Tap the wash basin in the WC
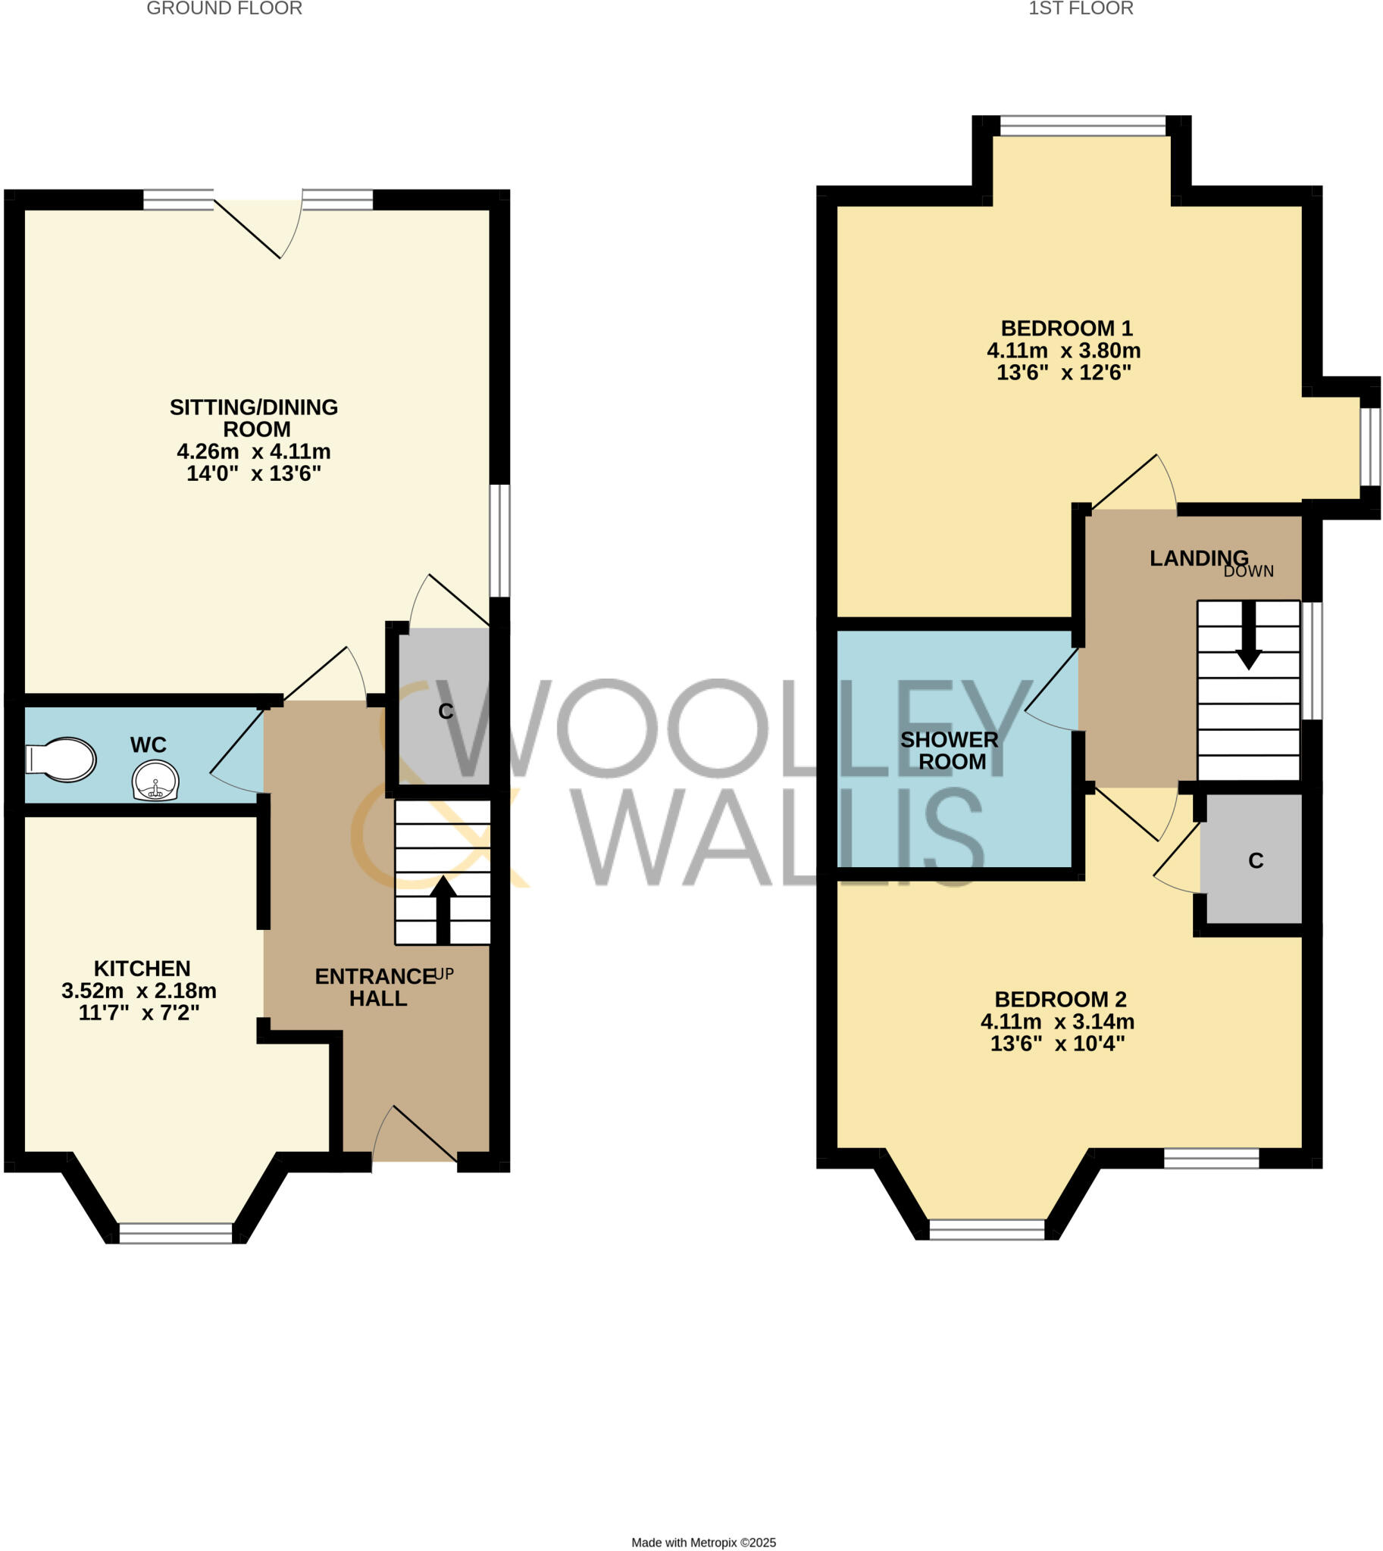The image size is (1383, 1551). [x=155, y=781]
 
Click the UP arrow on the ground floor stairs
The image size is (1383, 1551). [x=443, y=909]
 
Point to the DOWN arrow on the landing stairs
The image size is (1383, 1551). [x=1249, y=635]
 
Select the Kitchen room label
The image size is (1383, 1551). [x=142, y=969]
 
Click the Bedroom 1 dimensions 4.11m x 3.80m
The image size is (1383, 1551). [x=1064, y=351]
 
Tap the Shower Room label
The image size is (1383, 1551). [x=950, y=751]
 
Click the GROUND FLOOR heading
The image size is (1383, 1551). [x=224, y=8]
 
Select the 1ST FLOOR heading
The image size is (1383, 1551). [x=1081, y=8]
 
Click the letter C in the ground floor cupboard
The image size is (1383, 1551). [x=446, y=711]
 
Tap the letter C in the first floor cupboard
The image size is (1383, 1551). [x=1256, y=860]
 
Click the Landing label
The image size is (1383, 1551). [x=1199, y=558]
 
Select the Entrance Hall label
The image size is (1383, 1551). [x=376, y=987]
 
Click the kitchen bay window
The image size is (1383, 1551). [x=176, y=1233]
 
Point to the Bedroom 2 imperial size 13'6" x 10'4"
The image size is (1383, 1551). [x=1058, y=1044]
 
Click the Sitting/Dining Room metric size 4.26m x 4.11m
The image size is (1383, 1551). [x=254, y=451]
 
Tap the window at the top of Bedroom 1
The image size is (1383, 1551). [x=1082, y=125]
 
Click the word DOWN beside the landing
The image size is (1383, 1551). [x=1249, y=571]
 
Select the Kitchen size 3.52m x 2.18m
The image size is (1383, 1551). [x=139, y=991]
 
